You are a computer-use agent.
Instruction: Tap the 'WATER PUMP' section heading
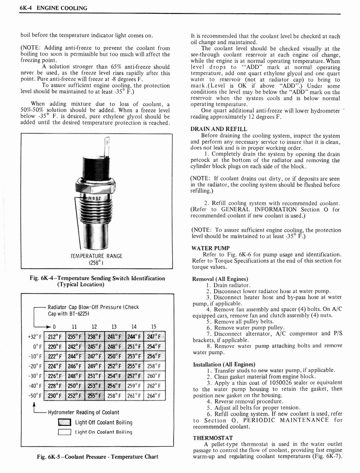pos(210,248)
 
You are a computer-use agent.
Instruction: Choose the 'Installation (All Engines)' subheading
pos(223,364)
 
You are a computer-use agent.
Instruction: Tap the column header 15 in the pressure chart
pos(154,326)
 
